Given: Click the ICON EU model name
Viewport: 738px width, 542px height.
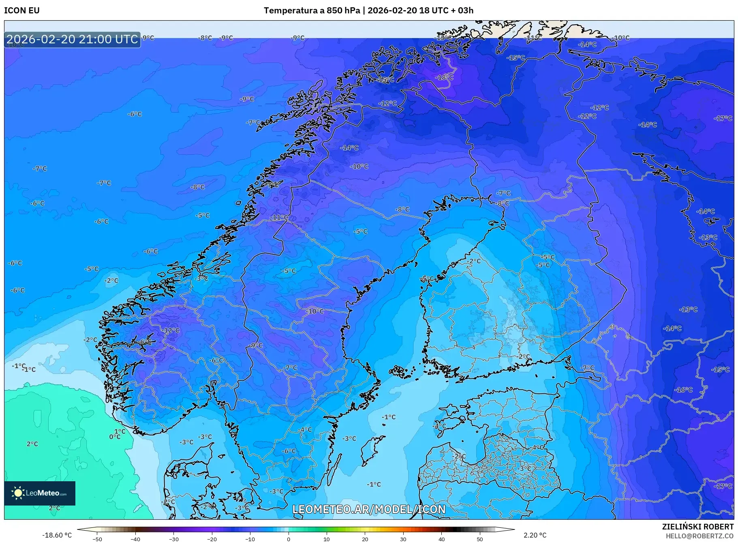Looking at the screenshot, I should click(22, 11).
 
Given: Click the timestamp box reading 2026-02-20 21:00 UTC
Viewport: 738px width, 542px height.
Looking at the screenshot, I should click(72, 39).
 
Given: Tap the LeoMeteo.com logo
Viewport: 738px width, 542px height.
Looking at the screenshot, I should click(40, 493).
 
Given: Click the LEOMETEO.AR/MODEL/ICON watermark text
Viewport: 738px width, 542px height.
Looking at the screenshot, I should click(369, 509).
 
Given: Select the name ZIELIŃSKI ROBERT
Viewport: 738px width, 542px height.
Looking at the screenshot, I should click(697, 527).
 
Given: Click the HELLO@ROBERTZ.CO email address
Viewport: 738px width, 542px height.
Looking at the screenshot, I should click(699, 536).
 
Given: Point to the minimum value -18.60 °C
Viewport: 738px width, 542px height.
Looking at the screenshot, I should click(57, 535).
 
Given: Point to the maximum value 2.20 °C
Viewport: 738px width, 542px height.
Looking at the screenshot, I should click(535, 535).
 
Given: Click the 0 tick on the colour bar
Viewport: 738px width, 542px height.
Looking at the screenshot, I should click(289, 539).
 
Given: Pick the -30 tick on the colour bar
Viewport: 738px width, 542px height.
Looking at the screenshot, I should click(173, 539).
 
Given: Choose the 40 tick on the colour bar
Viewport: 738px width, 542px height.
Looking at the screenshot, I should click(441, 539).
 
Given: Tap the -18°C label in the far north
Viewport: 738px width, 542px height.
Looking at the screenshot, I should click(444, 77).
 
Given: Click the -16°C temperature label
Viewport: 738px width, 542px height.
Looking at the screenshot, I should click(683, 390).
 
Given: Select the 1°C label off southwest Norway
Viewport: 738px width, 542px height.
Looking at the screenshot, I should click(120, 431).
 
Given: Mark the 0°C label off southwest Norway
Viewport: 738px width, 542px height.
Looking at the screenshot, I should click(115, 437).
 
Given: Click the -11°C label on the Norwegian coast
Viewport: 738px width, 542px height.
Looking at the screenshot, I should click(279, 218).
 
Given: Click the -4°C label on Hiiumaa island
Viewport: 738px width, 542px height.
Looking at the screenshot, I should click(440, 426).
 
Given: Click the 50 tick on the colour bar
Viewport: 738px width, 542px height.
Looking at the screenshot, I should click(479, 539).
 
